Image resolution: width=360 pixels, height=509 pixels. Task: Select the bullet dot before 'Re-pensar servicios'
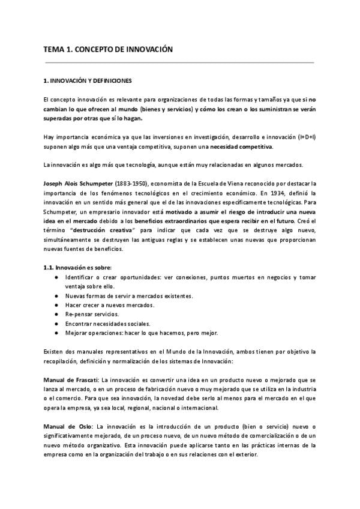pos(56,314)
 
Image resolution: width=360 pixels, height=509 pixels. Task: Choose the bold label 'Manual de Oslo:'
pos(67,426)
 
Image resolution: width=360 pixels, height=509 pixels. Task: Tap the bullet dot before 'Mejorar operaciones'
pos(56,333)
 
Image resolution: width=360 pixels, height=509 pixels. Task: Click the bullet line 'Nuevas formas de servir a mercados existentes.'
pos(129,295)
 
